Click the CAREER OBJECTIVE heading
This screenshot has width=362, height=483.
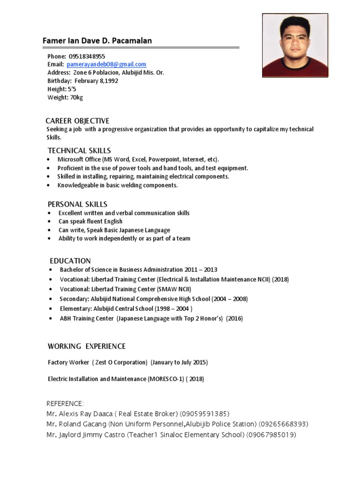(77, 121)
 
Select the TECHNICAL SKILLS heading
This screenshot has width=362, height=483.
(79, 150)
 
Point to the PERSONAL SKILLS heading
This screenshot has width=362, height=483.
(77, 204)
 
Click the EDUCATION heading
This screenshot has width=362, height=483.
(70, 261)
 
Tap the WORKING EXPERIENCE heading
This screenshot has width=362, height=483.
(87, 346)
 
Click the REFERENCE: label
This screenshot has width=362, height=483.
(65, 403)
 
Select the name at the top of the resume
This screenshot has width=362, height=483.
(97, 41)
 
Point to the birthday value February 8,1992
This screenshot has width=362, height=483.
(96, 81)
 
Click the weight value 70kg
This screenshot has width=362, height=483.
(76, 98)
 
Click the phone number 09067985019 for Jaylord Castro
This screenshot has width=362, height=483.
(271, 434)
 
